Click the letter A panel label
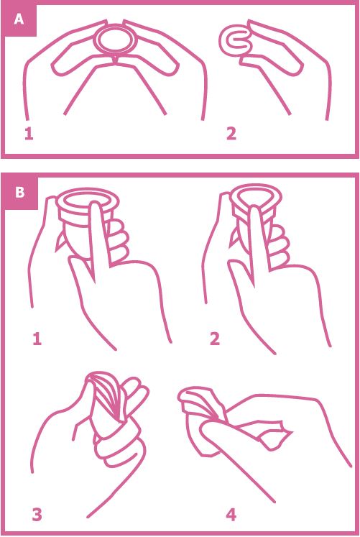19,19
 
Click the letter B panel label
20,193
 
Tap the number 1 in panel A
29,134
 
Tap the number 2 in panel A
231,134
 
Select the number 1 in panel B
37,339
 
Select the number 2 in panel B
215,339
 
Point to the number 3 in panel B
37,515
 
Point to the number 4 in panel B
231,515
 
